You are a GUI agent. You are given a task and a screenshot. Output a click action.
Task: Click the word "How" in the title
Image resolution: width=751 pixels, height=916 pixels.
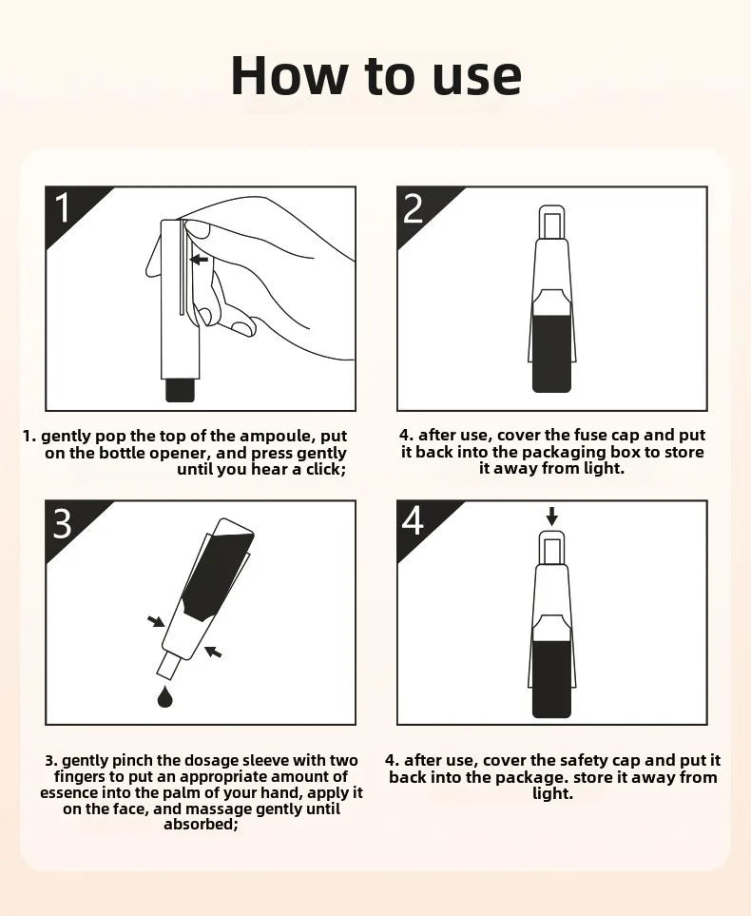click(288, 75)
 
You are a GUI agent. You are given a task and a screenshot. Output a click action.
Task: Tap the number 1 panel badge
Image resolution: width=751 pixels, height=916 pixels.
click(63, 207)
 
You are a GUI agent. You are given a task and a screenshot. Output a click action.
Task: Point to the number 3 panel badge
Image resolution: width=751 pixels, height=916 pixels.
click(63, 523)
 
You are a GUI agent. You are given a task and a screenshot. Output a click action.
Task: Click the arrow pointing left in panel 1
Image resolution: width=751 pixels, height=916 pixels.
click(200, 259)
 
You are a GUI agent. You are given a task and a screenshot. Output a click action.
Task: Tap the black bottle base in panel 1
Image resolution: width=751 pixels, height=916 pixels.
click(180, 390)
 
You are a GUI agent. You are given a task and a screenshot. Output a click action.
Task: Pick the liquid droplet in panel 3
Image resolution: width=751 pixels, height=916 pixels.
click(165, 696)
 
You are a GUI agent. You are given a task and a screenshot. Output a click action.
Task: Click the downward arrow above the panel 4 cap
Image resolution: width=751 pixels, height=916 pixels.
click(552, 516)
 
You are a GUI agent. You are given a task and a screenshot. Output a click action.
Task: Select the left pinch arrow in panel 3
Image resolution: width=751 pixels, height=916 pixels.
click(156, 621)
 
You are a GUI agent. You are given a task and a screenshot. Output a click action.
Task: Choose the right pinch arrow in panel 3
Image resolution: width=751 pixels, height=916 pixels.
click(214, 652)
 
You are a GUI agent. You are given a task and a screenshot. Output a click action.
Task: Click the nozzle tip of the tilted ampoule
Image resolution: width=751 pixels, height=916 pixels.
click(166, 667)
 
